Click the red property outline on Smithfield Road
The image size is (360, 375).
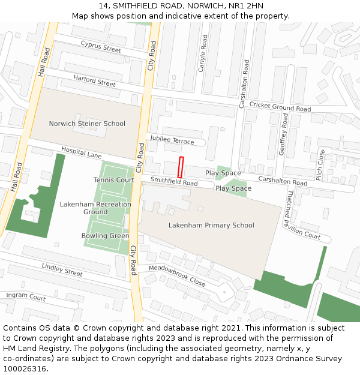[x=181, y=167]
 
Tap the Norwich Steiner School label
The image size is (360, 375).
[x=87, y=124]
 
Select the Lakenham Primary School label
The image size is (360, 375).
[x=211, y=226]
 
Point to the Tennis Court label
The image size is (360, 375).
[x=114, y=180]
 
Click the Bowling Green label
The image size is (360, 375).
[x=105, y=236]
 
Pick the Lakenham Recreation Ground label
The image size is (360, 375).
[x=95, y=208]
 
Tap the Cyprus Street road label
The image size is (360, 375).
[x=101, y=46]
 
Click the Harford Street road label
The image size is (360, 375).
[x=94, y=80]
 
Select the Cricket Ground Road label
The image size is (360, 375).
[x=280, y=107]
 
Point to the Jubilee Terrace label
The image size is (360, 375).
[x=172, y=141]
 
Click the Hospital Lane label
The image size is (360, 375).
[x=82, y=154]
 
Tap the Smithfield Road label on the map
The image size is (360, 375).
[x=174, y=181]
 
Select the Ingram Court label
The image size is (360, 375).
[x=26, y=297]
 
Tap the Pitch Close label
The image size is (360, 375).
[x=320, y=165]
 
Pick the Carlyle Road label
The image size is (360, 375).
[x=204, y=52]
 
